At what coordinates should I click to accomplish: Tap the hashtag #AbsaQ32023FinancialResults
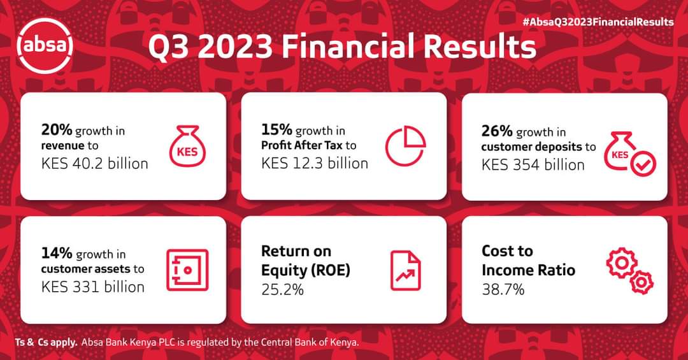tap(598, 22)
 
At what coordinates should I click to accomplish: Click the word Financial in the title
tap(349, 46)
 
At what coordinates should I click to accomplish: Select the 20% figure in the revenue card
tap(57, 130)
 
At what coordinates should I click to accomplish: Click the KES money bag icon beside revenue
tap(187, 146)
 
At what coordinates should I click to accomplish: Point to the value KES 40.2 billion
tap(95, 163)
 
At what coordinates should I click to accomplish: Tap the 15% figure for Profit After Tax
tap(277, 129)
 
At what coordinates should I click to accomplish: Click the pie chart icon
tap(405, 146)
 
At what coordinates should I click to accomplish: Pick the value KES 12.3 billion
tap(315, 163)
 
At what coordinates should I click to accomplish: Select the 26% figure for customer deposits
tap(497, 131)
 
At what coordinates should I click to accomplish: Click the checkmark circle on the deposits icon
tap(643, 164)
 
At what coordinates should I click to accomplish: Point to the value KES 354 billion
tap(533, 164)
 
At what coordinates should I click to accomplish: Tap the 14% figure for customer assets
tap(57, 254)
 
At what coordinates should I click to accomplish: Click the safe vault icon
tap(187, 270)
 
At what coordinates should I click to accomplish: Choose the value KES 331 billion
tap(93, 287)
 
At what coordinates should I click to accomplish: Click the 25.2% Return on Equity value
tap(283, 289)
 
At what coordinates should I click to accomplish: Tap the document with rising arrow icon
tap(405, 270)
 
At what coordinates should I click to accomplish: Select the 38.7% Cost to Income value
tap(503, 289)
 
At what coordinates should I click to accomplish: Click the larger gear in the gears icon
tap(622, 263)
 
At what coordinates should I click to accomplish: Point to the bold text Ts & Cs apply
tap(47, 342)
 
